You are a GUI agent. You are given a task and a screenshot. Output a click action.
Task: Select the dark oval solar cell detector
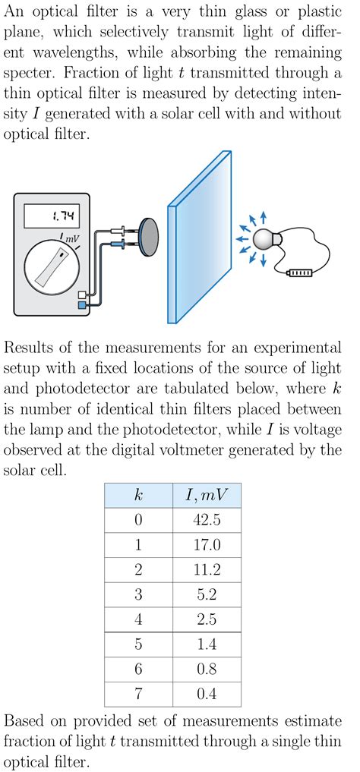click(x=147, y=238)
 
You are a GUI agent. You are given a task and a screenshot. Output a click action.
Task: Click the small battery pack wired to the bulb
click(x=299, y=273)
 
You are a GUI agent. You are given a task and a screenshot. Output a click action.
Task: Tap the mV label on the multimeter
click(x=72, y=239)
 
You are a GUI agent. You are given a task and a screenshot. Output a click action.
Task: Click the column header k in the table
click(x=138, y=495)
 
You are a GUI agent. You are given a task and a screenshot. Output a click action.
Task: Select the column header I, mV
click(x=207, y=495)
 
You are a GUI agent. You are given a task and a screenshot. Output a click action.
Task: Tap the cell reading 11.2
click(x=207, y=570)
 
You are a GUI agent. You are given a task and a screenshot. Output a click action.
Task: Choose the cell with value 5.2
click(x=207, y=595)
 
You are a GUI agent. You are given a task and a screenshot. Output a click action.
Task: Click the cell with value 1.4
click(x=207, y=644)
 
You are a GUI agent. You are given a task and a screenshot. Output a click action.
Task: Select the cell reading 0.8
click(x=207, y=670)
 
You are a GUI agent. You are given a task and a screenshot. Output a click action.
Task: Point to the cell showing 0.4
click(x=207, y=695)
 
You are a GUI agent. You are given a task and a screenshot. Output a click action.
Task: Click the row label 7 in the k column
click(x=138, y=695)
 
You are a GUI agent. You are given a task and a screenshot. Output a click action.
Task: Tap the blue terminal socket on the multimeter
click(x=82, y=304)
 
